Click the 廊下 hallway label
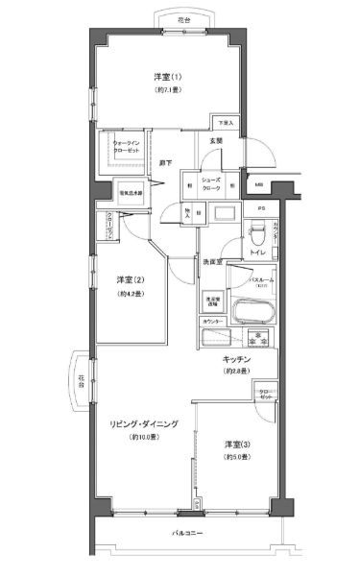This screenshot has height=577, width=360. [166, 163]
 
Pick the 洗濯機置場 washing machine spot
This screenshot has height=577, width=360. [213, 301]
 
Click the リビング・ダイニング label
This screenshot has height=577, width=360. [139, 423]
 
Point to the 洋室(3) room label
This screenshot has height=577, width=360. [235, 444]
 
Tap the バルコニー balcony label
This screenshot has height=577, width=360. [185, 531]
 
